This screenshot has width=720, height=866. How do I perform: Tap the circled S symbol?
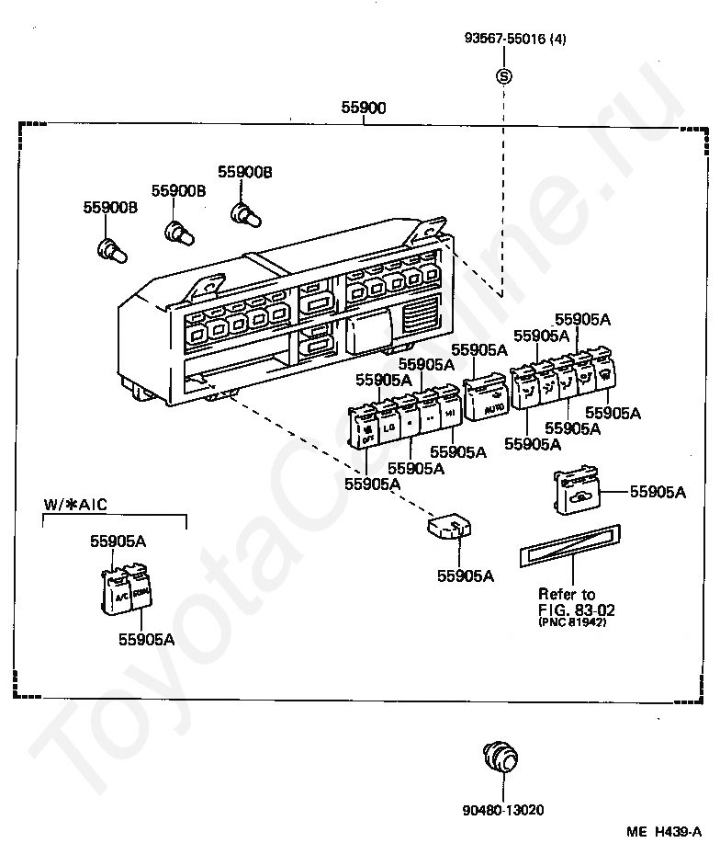point(503,77)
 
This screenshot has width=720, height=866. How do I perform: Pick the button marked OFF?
point(366,431)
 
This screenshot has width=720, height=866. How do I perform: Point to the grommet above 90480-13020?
point(500,758)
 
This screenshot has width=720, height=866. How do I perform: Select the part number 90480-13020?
point(502,810)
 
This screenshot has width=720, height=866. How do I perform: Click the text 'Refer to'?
point(567,594)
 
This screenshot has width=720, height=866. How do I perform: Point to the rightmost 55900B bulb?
point(243,215)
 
